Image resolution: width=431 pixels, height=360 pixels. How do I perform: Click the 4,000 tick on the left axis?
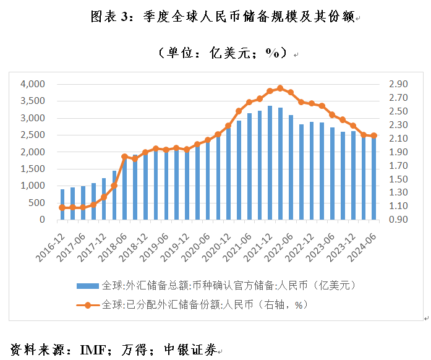click(33, 84)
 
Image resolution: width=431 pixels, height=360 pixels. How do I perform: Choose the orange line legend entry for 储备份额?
click(192, 304)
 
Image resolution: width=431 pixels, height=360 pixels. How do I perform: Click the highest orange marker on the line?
click(280, 88)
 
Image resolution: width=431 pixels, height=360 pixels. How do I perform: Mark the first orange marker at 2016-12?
click(62, 208)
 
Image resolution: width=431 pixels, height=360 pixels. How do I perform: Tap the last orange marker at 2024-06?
click(373, 135)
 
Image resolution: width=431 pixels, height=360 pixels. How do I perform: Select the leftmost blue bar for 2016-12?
click(62, 204)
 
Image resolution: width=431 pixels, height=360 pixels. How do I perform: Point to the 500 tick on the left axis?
click(38, 203)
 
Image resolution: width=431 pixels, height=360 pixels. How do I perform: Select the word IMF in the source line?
click(92, 350)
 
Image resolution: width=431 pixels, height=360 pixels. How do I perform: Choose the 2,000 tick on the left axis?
click(33, 152)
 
